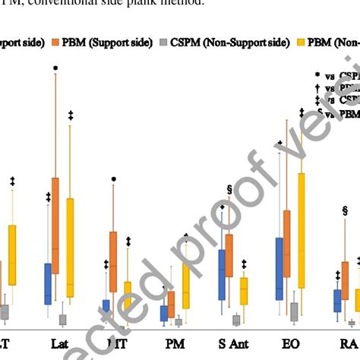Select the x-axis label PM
[174, 343]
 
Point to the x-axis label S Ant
[232, 343]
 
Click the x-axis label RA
[347, 343]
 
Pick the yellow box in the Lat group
[71, 247]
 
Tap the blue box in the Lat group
[48, 283]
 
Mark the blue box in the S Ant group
[222, 273]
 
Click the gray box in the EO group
[294, 311]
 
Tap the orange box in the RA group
[345, 281]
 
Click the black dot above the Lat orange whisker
[55, 68]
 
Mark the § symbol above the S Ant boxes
[229, 189]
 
